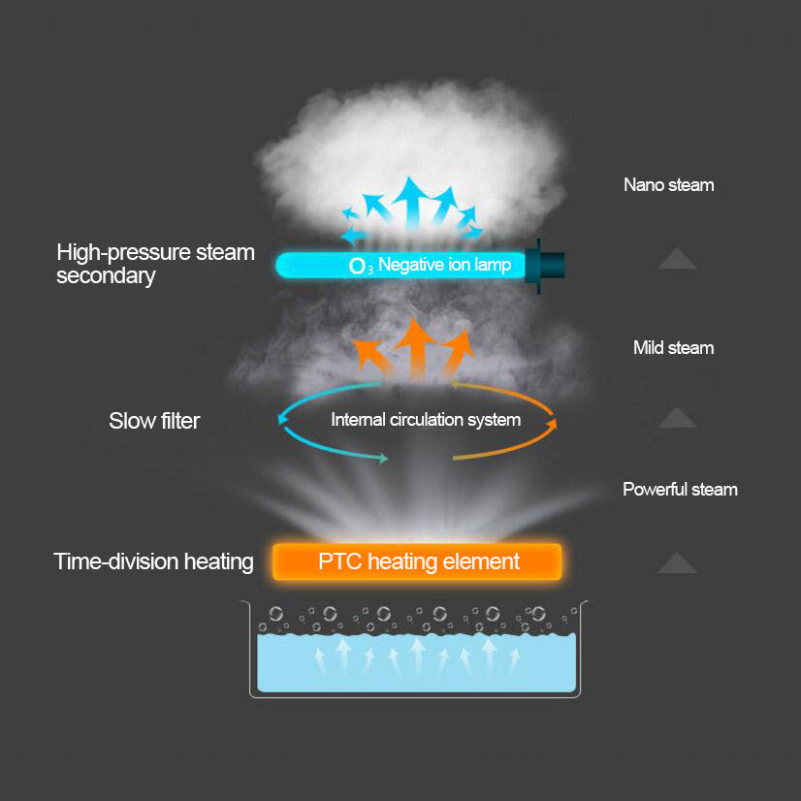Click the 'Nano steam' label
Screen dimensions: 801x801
coord(668,184)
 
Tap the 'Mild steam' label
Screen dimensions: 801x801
coord(673,347)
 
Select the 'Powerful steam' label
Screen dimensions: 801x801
coord(680,489)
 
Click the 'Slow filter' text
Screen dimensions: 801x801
coord(154,421)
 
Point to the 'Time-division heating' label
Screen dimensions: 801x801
coord(154,561)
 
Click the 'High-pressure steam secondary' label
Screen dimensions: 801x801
coord(155,264)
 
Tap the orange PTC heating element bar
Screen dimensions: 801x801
coord(417,561)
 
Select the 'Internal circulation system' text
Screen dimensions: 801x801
coord(426,420)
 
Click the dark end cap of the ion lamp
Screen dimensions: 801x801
coord(549,263)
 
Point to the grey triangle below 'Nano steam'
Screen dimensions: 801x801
coord(677,259)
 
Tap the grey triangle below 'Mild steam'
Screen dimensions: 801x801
coord(677,418)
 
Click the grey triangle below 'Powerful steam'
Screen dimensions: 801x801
coord(677,562)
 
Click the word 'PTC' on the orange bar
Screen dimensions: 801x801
coord(339,561)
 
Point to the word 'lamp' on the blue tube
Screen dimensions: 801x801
coord(493,264)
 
